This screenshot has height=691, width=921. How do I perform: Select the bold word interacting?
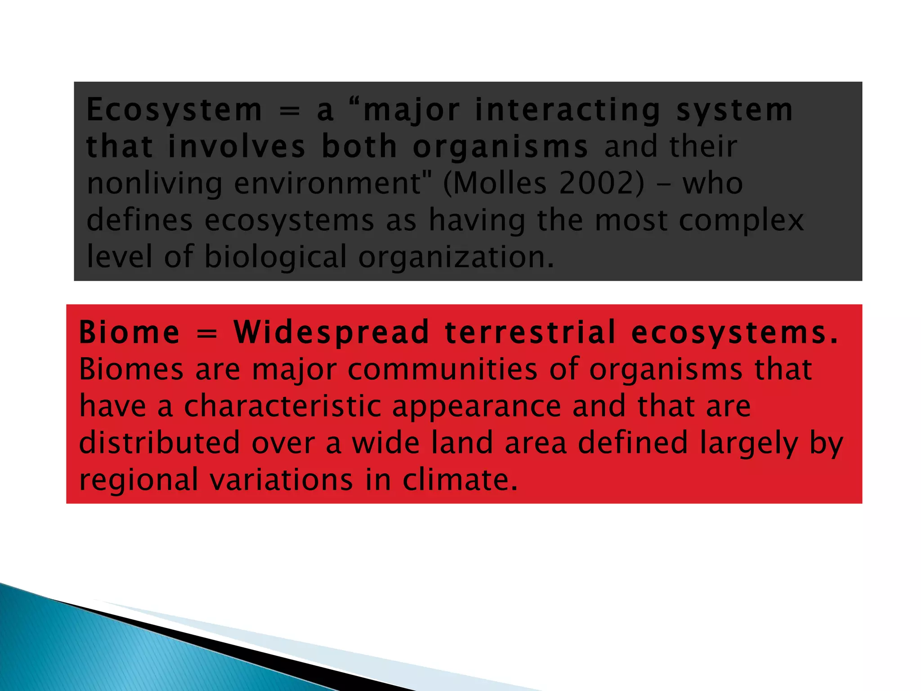(x=568, y=110)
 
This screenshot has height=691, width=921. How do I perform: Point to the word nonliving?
(x=154, y=184)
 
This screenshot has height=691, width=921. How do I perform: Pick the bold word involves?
(x=237, y=147)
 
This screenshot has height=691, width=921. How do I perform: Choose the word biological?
(x=276, y=256)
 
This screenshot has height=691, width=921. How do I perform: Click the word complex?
(x=741, y=220)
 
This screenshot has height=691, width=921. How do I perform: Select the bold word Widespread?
(x=331, y=332)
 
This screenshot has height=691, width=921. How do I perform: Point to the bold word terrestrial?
(x=530, y=332)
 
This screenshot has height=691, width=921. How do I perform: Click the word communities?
(x=443, y=369)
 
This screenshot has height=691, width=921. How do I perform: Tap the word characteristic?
(x=282, y=406)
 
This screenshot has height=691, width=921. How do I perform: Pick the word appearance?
(x=477, y=407)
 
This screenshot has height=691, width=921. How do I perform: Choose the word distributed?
(x=160, y=443)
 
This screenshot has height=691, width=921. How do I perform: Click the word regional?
(x=139, y=480)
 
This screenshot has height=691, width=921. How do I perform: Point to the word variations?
(x=282, y=480)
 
